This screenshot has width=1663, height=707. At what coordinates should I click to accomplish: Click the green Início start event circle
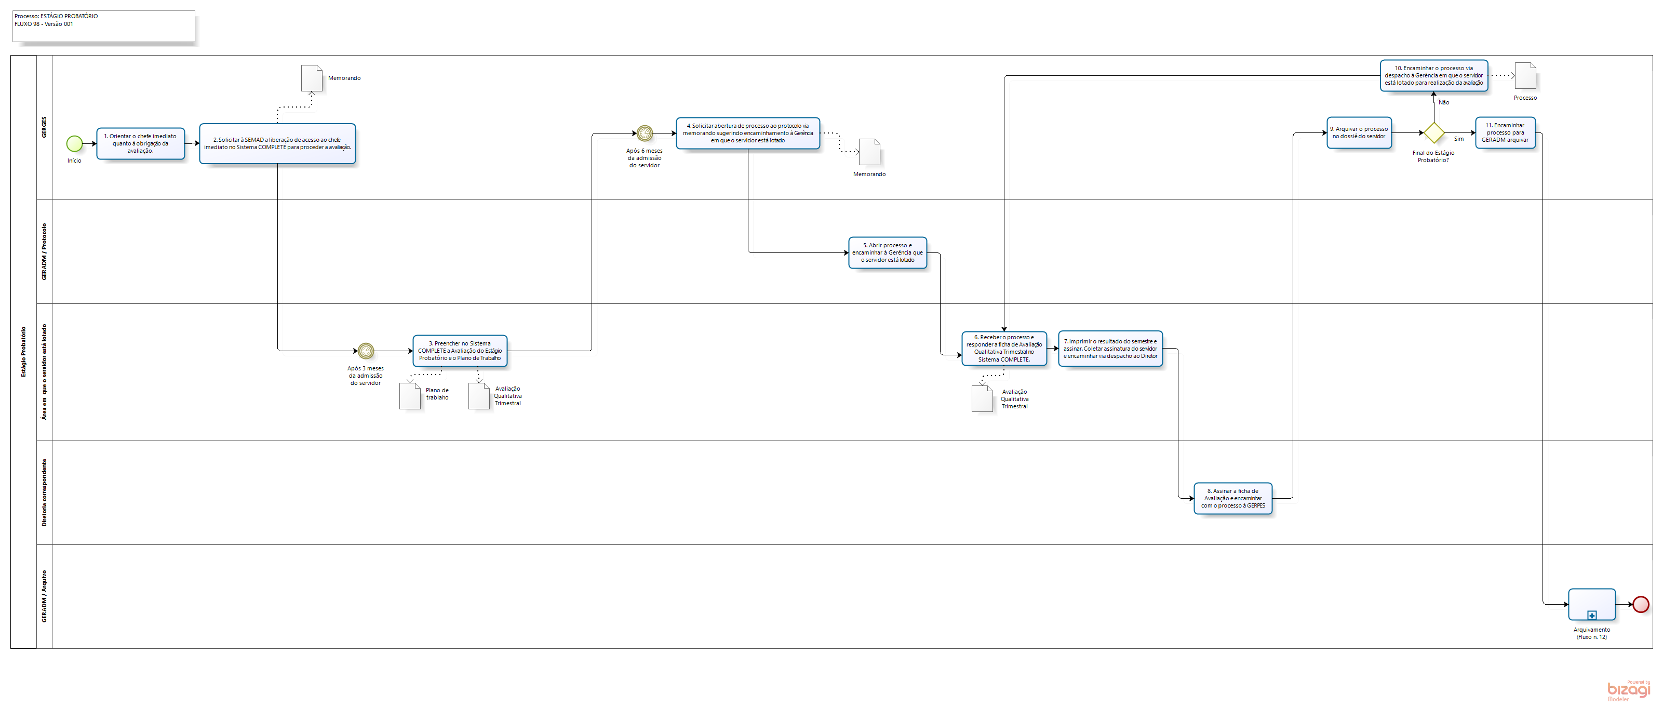pos(74,143)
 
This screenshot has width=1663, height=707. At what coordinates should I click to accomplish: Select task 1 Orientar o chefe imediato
pos(141,143)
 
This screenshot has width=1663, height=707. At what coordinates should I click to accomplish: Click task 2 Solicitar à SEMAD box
pos(277,143)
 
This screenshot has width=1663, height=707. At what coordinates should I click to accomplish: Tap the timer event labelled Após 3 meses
pos(366,351)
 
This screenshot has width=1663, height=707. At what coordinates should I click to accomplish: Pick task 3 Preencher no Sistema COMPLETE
pos(460,351)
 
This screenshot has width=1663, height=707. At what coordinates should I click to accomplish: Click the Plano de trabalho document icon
pos(410,396)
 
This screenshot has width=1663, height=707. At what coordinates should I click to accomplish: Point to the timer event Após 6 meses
pos(645,134)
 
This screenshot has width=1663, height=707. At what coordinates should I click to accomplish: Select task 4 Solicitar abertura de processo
pos(747,133)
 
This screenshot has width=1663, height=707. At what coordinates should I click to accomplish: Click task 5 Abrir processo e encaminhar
pos(887,252)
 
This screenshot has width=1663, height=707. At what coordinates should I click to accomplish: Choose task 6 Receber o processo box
pos(1004,349)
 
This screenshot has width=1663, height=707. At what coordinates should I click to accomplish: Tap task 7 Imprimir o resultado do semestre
pos(1110,349)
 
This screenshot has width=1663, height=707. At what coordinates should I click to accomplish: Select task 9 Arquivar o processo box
pos(1359,133)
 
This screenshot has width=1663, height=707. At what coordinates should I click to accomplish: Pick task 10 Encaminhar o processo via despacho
pos(1433,75)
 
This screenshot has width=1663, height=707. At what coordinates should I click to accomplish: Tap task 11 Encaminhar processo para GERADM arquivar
pos(1505,133)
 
